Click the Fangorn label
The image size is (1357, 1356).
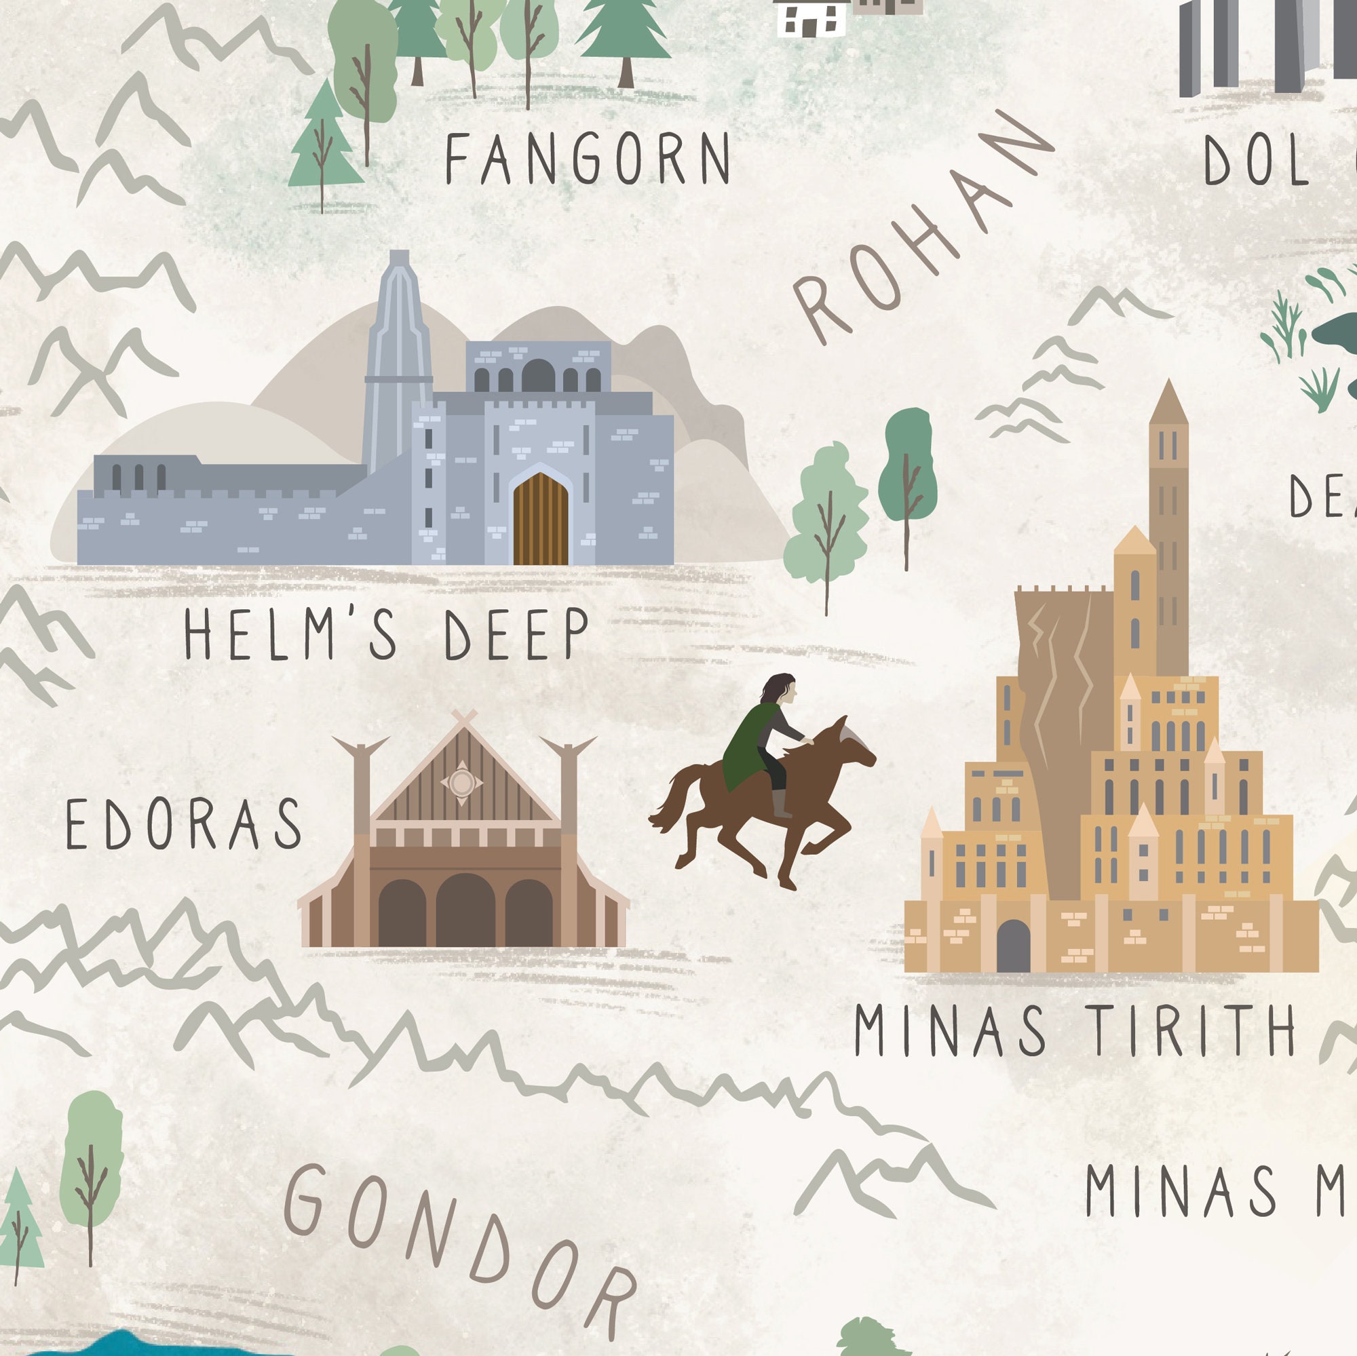(x=587, y=159)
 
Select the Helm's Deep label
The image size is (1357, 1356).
(x=385, y=634)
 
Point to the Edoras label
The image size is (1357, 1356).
(x=183, y=822)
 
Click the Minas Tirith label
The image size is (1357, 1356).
(x=1075, y=1030)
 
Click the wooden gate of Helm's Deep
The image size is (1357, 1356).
(x=540, y=520)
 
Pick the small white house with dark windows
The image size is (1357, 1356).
(x=811, y=18)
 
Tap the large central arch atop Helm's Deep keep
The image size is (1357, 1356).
(x=538, y=375)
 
